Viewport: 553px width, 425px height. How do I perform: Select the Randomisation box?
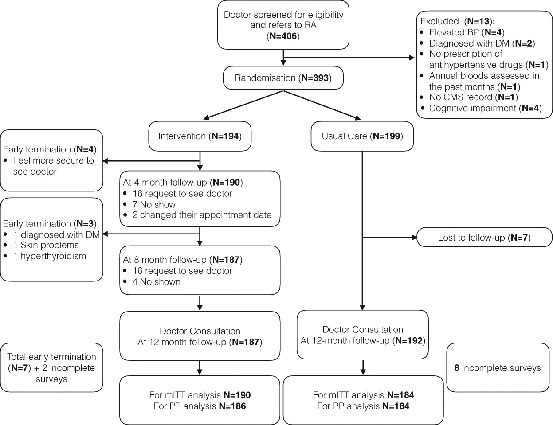pyautogui.click(x=283, y=78)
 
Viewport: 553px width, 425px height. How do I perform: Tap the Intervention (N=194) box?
pyautogui.click(x=200, y=136)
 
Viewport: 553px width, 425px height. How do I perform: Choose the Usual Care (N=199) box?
pyautogui.click(x=362, y=136)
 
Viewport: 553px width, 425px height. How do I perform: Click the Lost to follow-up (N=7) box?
pyautogui.click(x=485, y=238)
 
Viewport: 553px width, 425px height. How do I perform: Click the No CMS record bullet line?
pyautogui.click(x=473, y=97)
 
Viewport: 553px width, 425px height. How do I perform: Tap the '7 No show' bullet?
pyautogui.click(x=154, y=204)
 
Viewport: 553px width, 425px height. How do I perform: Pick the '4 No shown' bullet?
pyautogui.click(x=156, y=281)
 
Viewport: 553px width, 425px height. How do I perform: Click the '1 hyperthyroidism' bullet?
pyautogui.click(x=49, y=256)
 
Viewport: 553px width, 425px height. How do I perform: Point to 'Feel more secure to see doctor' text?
pyautogui.click(x=53, y=166)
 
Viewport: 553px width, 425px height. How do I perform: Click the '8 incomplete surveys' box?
pyautogui.click(x=498, y=368)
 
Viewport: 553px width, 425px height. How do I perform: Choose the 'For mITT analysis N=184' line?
pyautogui.click(x=363, y=395)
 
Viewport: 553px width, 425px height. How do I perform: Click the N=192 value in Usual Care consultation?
pyautogui.click(x=410, y=340)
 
